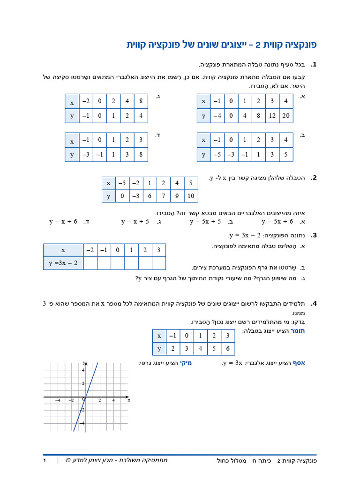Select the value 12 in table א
[x=272, y=115]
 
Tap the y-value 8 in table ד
[x=141, y=154]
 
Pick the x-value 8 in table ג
[x=141, y=101]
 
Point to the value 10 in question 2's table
[x=191, y=195]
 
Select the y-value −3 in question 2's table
[x=136, y=195]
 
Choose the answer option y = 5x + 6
[x=277, y=222]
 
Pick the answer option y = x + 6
[x=63, y=222]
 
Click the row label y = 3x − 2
[x=63, y=263]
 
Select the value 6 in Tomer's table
[x=228, y=349]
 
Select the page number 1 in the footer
[x=45, y=461]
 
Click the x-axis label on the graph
[x=128, y=400]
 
